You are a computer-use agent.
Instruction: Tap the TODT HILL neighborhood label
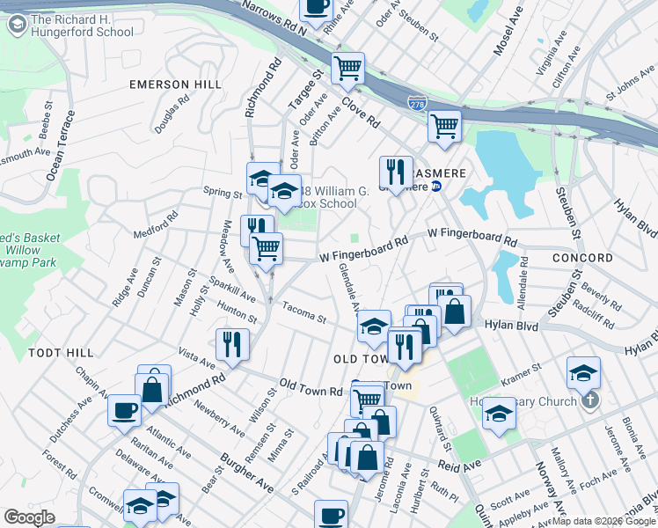[61, 352]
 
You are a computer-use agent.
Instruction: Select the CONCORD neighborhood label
[582, 258]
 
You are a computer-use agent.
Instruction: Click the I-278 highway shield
[417, 105]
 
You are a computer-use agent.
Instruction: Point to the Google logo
[30, 517]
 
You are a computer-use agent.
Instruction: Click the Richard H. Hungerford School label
[82, 26]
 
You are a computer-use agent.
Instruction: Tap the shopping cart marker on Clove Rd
[348, 68]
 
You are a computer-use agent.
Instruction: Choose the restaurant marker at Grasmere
[396, 171]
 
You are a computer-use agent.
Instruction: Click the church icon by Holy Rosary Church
[589, 401]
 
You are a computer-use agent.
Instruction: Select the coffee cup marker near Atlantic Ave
[124, 409]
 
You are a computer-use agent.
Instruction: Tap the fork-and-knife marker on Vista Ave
[233, 344]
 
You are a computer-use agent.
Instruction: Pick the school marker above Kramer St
[583, 373]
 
